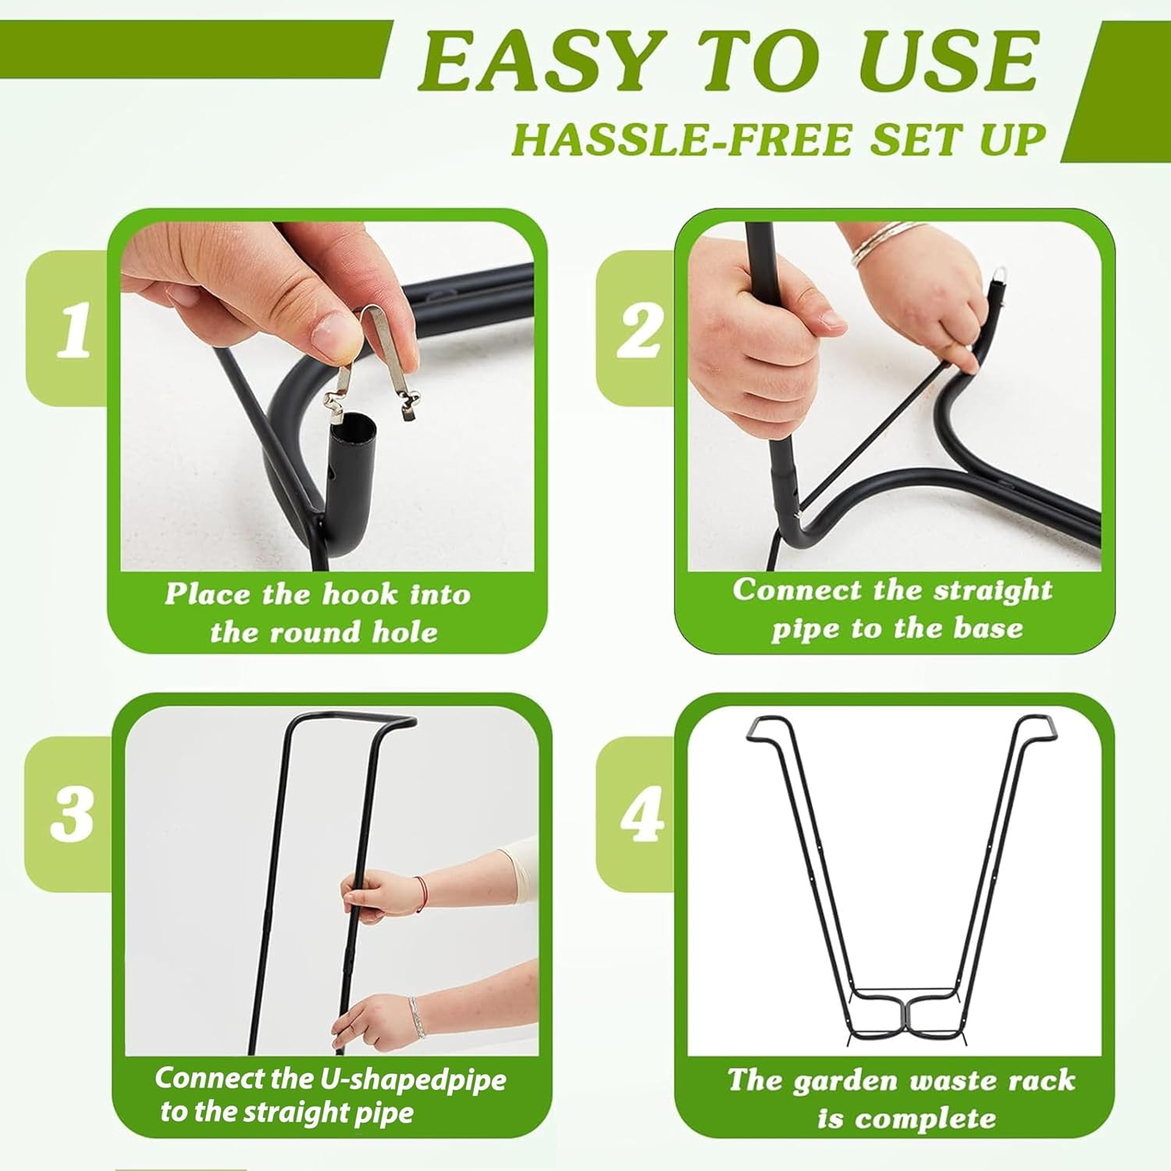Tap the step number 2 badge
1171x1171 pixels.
pyautogui.click(x=639, y=330)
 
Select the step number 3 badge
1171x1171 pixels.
pyautogui.click(x=72, y=813)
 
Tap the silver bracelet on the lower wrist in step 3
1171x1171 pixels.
pyautogui.click(x=417, y=1016)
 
